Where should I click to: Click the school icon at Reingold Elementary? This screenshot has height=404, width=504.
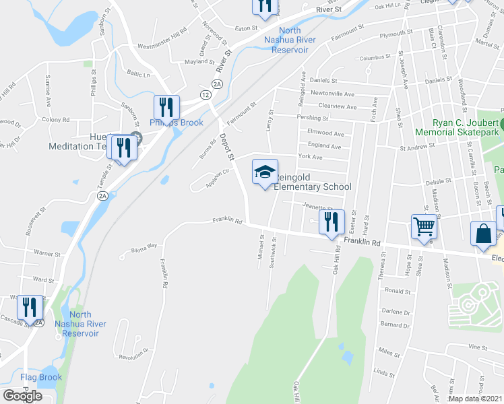[265, 172]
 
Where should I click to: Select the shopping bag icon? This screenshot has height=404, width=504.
[484, 234]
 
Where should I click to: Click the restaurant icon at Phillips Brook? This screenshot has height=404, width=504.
[166, 108]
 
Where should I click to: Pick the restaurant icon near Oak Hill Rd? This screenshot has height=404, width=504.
[331, 222]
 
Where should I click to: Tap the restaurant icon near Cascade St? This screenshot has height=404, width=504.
[29, 307]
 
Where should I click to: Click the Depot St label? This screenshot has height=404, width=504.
[226, 145]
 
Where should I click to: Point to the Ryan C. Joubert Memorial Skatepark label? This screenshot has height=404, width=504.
[456, 128]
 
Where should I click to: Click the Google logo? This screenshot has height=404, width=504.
[22, 395]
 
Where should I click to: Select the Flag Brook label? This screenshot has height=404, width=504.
[41, 377]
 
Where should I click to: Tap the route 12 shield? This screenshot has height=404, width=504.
[204, 96]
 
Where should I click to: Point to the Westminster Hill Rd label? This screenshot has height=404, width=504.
[162, 39]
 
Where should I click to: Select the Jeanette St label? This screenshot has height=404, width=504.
[318, 208]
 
